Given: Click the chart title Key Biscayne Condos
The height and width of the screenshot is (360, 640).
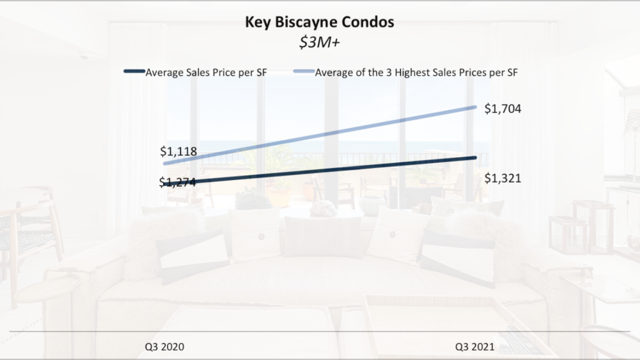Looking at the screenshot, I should [319, 22].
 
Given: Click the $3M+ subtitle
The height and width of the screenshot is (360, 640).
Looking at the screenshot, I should [319, 41].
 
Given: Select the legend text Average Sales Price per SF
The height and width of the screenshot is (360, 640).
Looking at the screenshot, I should [197, 72].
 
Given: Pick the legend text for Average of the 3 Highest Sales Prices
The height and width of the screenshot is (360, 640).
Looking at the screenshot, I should [417, 72].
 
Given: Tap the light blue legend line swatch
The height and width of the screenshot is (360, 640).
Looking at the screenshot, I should [302, 72].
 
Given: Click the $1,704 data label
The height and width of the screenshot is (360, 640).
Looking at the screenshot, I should [502, 109].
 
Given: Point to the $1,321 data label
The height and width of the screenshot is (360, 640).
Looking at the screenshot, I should [502, 179].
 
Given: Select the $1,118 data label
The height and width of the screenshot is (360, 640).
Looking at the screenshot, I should [178, 151].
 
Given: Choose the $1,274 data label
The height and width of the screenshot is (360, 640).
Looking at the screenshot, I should [178, 182].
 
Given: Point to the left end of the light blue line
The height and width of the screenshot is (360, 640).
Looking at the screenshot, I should [164, 164].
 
